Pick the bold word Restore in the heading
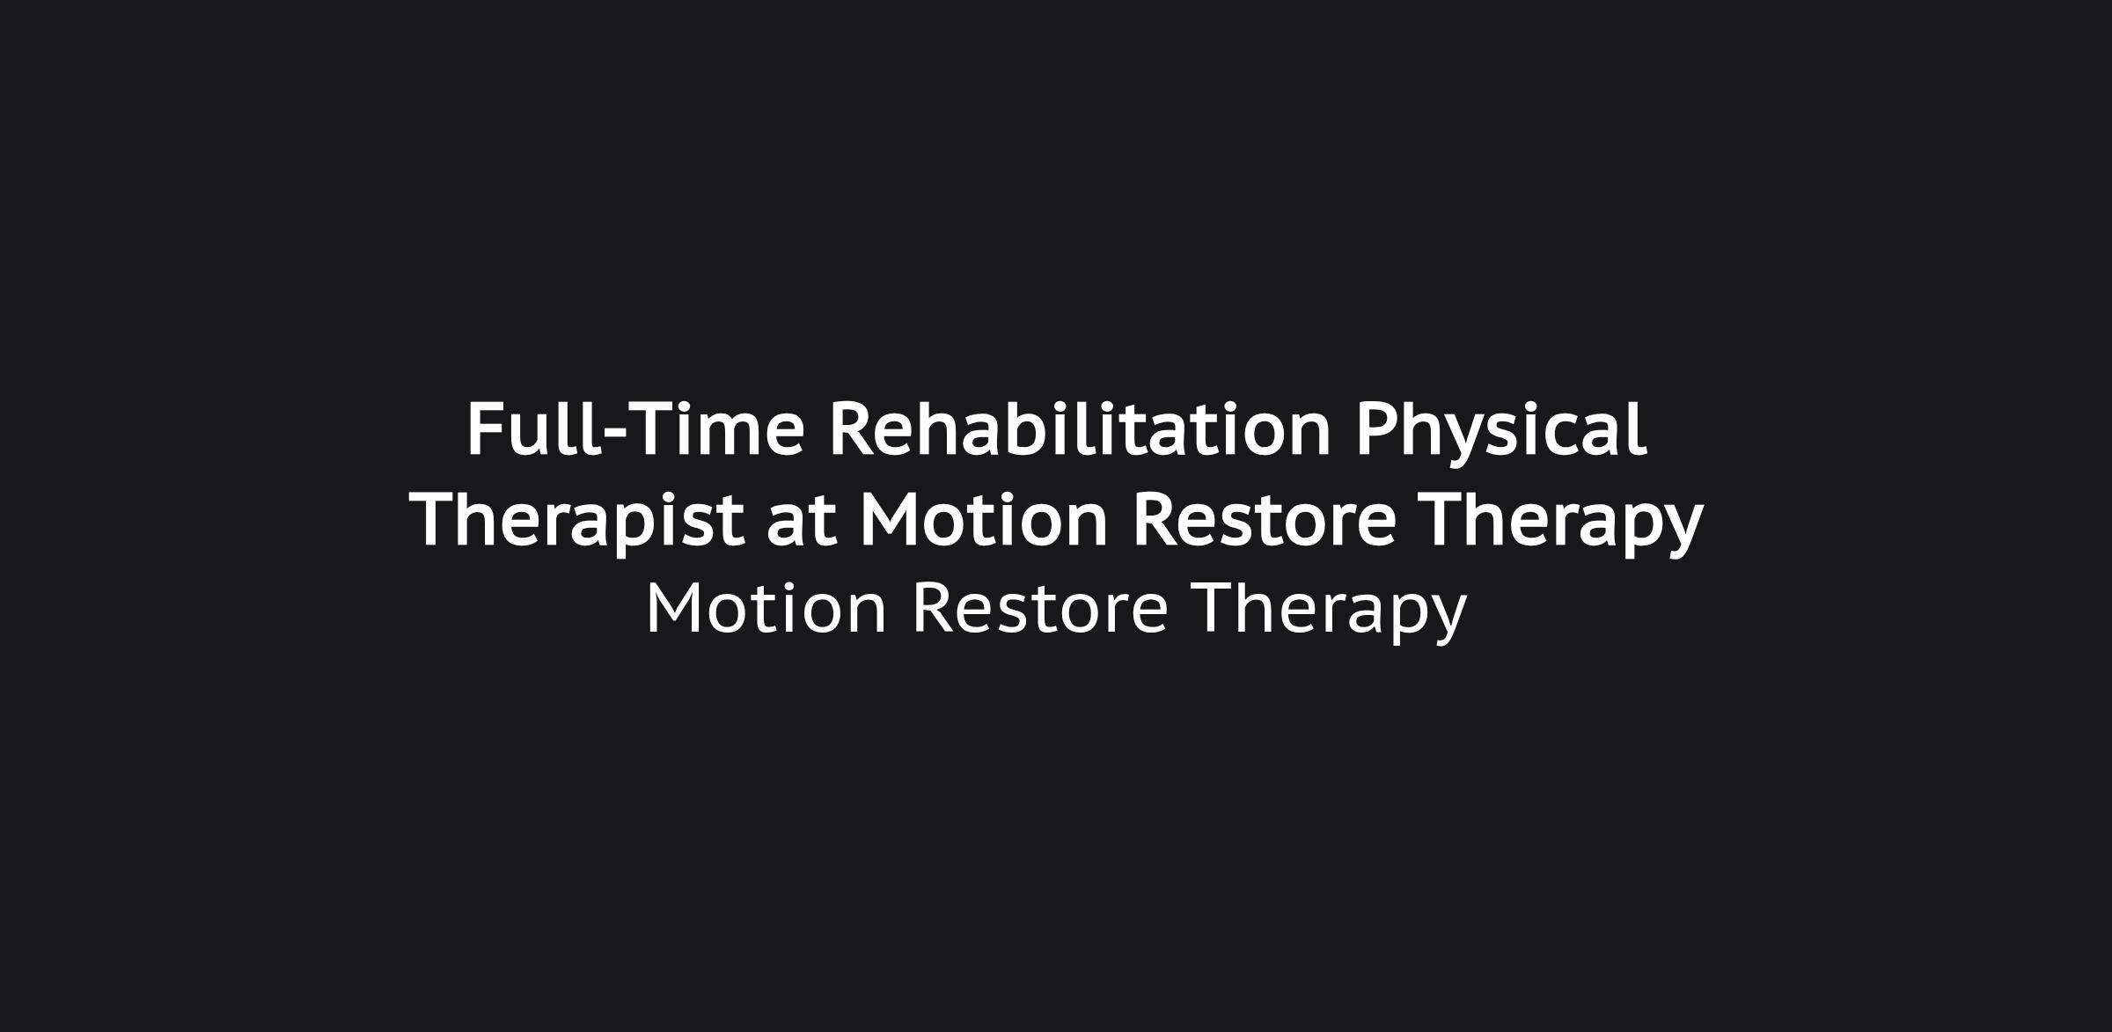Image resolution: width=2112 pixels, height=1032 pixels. click(1265, 521)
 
